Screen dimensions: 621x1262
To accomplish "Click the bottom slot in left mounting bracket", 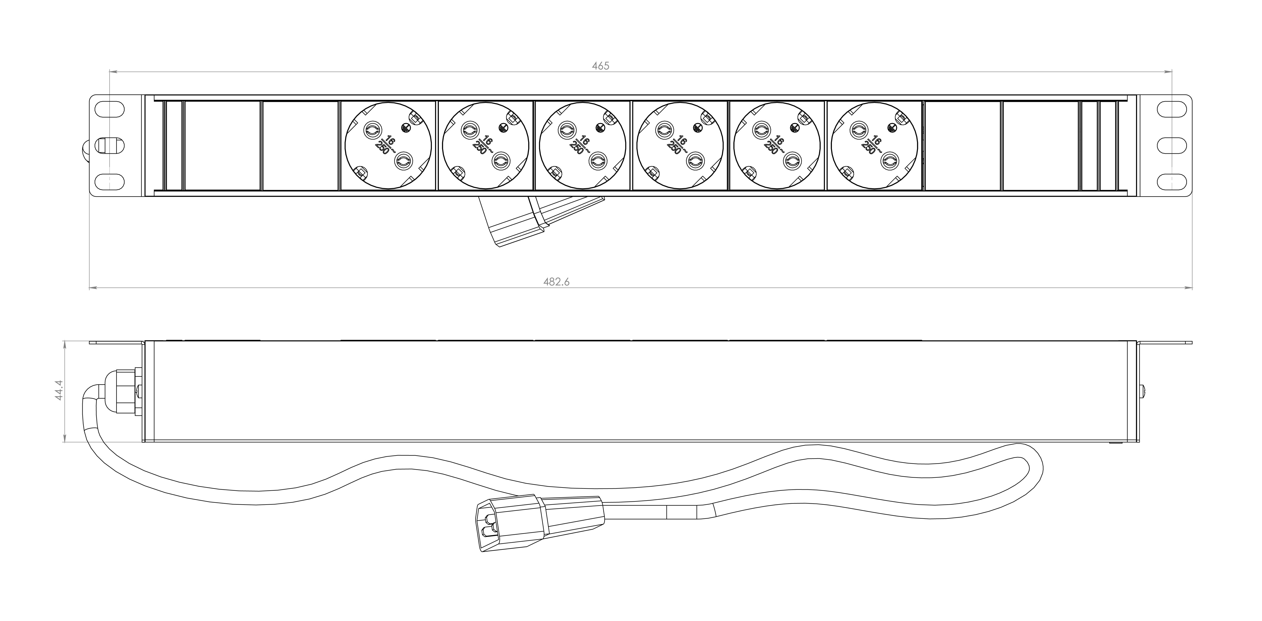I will (110, 182).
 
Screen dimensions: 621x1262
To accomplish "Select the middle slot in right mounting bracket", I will (1171, 146).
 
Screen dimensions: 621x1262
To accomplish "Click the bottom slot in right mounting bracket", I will (1171, 182).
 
